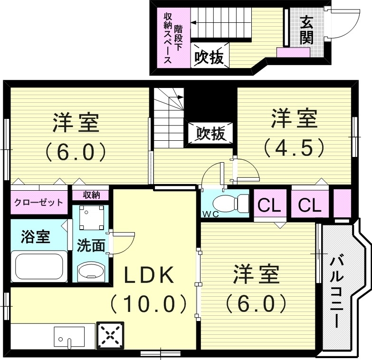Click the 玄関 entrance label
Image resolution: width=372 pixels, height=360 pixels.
pyautogui.click(x=306, y=29)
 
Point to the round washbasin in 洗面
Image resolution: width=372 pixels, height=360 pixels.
pyautogui.click(x=90, y=272)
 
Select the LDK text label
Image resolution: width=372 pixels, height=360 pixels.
pyautogui.click(x=150, y=275)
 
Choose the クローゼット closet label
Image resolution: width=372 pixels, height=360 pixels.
pyautogui.click(x=38, y=202)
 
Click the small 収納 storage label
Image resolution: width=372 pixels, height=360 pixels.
pyautogui.click(x=90, y=195)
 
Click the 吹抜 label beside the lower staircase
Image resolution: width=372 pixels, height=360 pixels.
pyautogui.click(x=210, y=134)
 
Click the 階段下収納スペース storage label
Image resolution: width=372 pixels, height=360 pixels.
pyautogui.click(x=172, y=38)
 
